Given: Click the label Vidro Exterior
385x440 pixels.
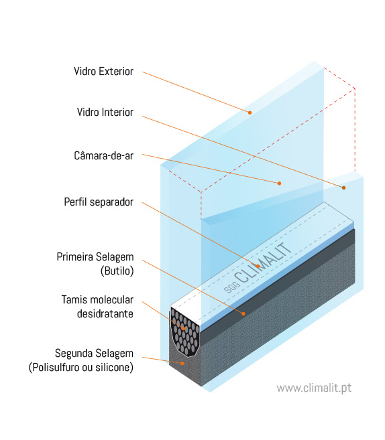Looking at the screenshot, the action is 103,71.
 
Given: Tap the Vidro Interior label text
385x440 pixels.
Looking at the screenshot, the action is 105,112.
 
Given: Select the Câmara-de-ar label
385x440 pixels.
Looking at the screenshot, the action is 104,155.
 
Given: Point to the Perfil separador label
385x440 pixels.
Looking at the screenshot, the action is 99,202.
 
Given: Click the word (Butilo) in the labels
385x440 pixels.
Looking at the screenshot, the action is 117,271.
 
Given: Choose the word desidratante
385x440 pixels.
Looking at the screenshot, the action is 105,313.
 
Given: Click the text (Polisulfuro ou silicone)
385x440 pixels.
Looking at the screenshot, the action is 81,367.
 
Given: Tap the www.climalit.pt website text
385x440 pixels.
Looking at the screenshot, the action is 314,388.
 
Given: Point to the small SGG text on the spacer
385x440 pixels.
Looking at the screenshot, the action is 232,287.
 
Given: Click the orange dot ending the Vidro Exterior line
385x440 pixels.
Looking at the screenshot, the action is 250,113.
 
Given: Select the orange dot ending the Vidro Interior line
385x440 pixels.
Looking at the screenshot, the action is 343,188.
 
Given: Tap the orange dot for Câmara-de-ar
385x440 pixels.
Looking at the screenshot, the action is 279,184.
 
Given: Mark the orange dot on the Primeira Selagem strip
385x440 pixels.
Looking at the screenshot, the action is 243,313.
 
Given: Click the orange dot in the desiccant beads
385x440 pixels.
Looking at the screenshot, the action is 183,328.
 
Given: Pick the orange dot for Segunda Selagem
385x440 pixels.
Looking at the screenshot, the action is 182,363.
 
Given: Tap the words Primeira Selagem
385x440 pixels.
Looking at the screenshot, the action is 95,256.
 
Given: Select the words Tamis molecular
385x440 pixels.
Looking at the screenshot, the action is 97,299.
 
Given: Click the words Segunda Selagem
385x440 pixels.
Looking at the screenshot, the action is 94,353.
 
